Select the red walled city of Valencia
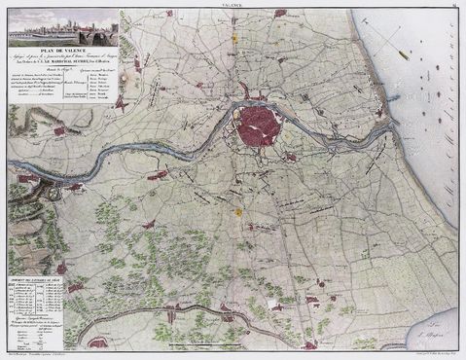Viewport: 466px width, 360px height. pyautogui.click(x=260, y=125)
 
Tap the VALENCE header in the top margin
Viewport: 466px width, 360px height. pyautogui.click(x=234, y=5)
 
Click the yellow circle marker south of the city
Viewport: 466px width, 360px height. pyautogui.click(x=236, y=211)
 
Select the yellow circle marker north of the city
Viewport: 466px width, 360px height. pyautogui.click(x=235, y=39)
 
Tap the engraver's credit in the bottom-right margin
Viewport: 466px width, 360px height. pyautogui.click(x=418, y=354)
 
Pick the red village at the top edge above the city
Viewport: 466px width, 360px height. pyautogui.click(x=280, y=14)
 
